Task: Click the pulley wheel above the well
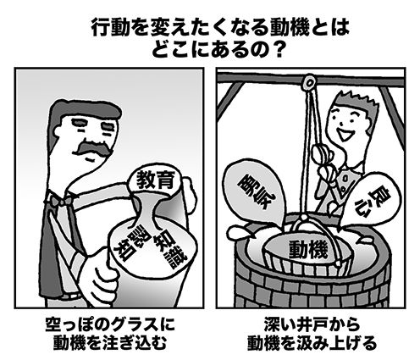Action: [x=310, y=82]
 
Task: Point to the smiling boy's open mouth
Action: [x=344, y=135]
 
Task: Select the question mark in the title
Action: [x=274, y=50]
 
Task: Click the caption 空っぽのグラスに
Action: [x=110, y=325]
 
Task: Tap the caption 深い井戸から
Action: [x=312, y=325]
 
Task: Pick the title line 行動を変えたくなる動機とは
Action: [x=220, y=28]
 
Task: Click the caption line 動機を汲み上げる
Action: [x=312, y=343]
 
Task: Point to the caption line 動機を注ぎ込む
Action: [x=110, y=343]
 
